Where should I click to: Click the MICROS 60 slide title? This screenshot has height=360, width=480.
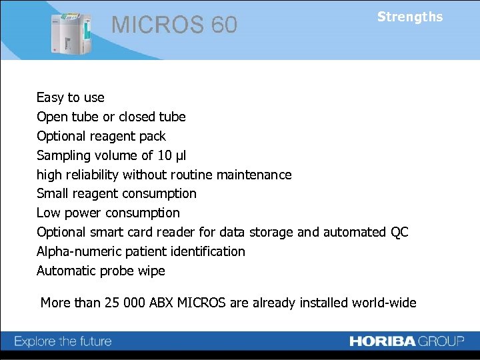[174, 25]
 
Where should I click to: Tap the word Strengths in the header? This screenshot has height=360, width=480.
[409, 17]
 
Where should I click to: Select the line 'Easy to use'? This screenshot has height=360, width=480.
[70, 97]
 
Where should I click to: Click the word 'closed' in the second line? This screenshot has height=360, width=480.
[137, 117]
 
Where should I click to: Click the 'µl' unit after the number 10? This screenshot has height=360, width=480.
[180, 155]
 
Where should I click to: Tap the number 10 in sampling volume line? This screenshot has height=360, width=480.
[164, 155]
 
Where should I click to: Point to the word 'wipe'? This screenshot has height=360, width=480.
[151, 271]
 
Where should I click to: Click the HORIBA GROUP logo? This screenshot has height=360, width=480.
[407, 341]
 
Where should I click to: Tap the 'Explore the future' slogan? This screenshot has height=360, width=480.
[63, 341]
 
